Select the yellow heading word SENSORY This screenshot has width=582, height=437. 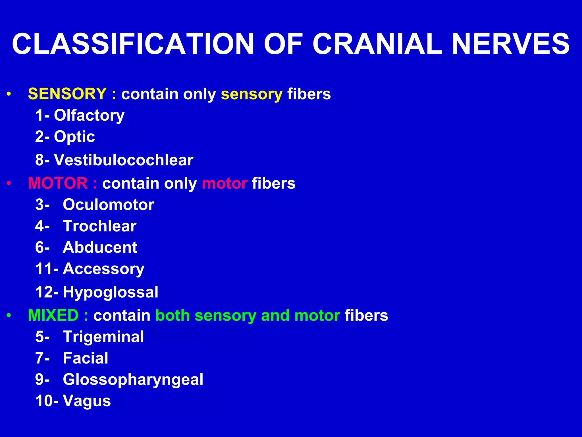[67, 94]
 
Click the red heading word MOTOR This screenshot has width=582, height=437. [58, 183]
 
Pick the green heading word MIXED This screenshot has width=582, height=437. [53, 315]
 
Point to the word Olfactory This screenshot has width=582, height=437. [89, 116]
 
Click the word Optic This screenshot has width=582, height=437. [74, 137]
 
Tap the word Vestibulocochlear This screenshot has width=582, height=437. [124, 160]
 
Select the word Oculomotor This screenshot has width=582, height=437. [109, 205]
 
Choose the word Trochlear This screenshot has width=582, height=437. [99, 226]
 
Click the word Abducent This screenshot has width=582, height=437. [100, 247]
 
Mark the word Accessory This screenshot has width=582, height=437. [103, 269]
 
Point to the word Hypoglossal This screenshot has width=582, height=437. [111, 292]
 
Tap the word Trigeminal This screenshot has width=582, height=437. [103, 337]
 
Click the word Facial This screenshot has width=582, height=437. [86, 358]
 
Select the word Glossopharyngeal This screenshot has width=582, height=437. [133, 380]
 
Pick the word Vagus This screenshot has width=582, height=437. [87, 401]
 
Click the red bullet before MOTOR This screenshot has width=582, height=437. [9, 184]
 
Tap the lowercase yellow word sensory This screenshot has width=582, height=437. [251, 94]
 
